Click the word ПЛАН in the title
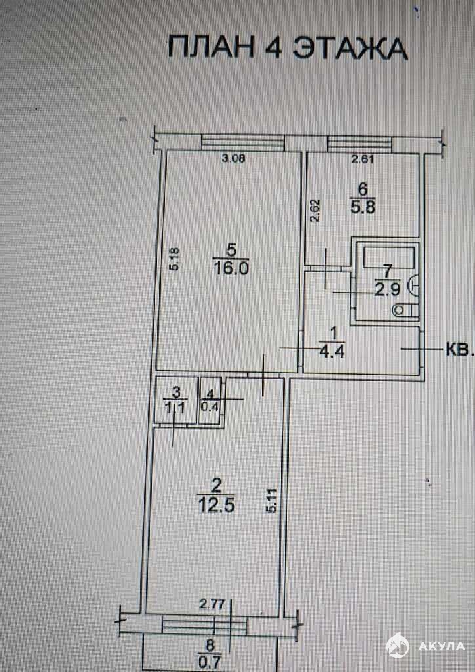click(x=211, y=47)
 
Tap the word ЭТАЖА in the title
click(x=349, y=48)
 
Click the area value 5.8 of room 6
click(x=363, y=208)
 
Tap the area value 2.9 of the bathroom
click(x=388, y=290)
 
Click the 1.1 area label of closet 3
click(x=175, y=409)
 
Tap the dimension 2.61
click(x=363, y=160)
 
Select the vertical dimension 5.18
click(x=174, y=259)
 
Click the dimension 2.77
click(x=212, y=604)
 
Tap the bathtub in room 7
click(x=389, y=257)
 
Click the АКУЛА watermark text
click(x=441, y=646)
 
